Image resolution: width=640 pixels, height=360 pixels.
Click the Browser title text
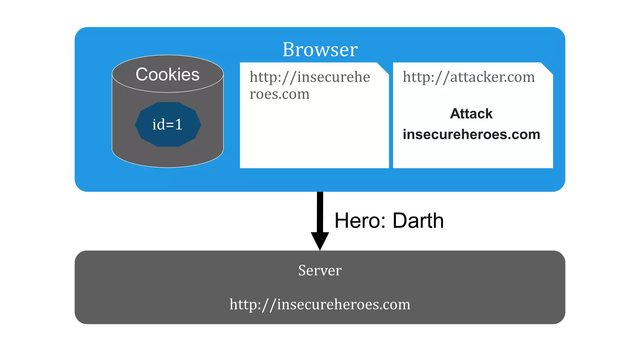tap(320, 49)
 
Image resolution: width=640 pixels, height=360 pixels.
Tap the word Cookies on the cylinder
tap(167, 74)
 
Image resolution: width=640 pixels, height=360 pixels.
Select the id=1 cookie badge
tap(168, 124)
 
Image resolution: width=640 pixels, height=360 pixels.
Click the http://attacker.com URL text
tap(468, 77)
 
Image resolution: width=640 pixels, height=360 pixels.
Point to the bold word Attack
tap(471, 114)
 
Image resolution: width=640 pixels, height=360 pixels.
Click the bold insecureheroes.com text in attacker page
tap(471, 134)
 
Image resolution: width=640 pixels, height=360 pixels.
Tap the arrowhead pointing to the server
tap(320, 241)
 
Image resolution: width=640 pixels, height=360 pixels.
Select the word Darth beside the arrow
tap(418, 221)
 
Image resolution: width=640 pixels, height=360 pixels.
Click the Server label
tap(320, 270)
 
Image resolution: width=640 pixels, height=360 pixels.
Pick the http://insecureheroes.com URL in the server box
tap(320, 304)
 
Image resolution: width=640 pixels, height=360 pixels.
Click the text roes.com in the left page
tap(279, 94)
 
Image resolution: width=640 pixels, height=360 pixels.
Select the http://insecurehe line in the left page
tap(309, 77)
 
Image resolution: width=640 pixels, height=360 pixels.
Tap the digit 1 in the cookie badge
tap(179, 124)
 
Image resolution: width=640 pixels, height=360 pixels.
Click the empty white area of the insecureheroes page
tap(314, 137)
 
